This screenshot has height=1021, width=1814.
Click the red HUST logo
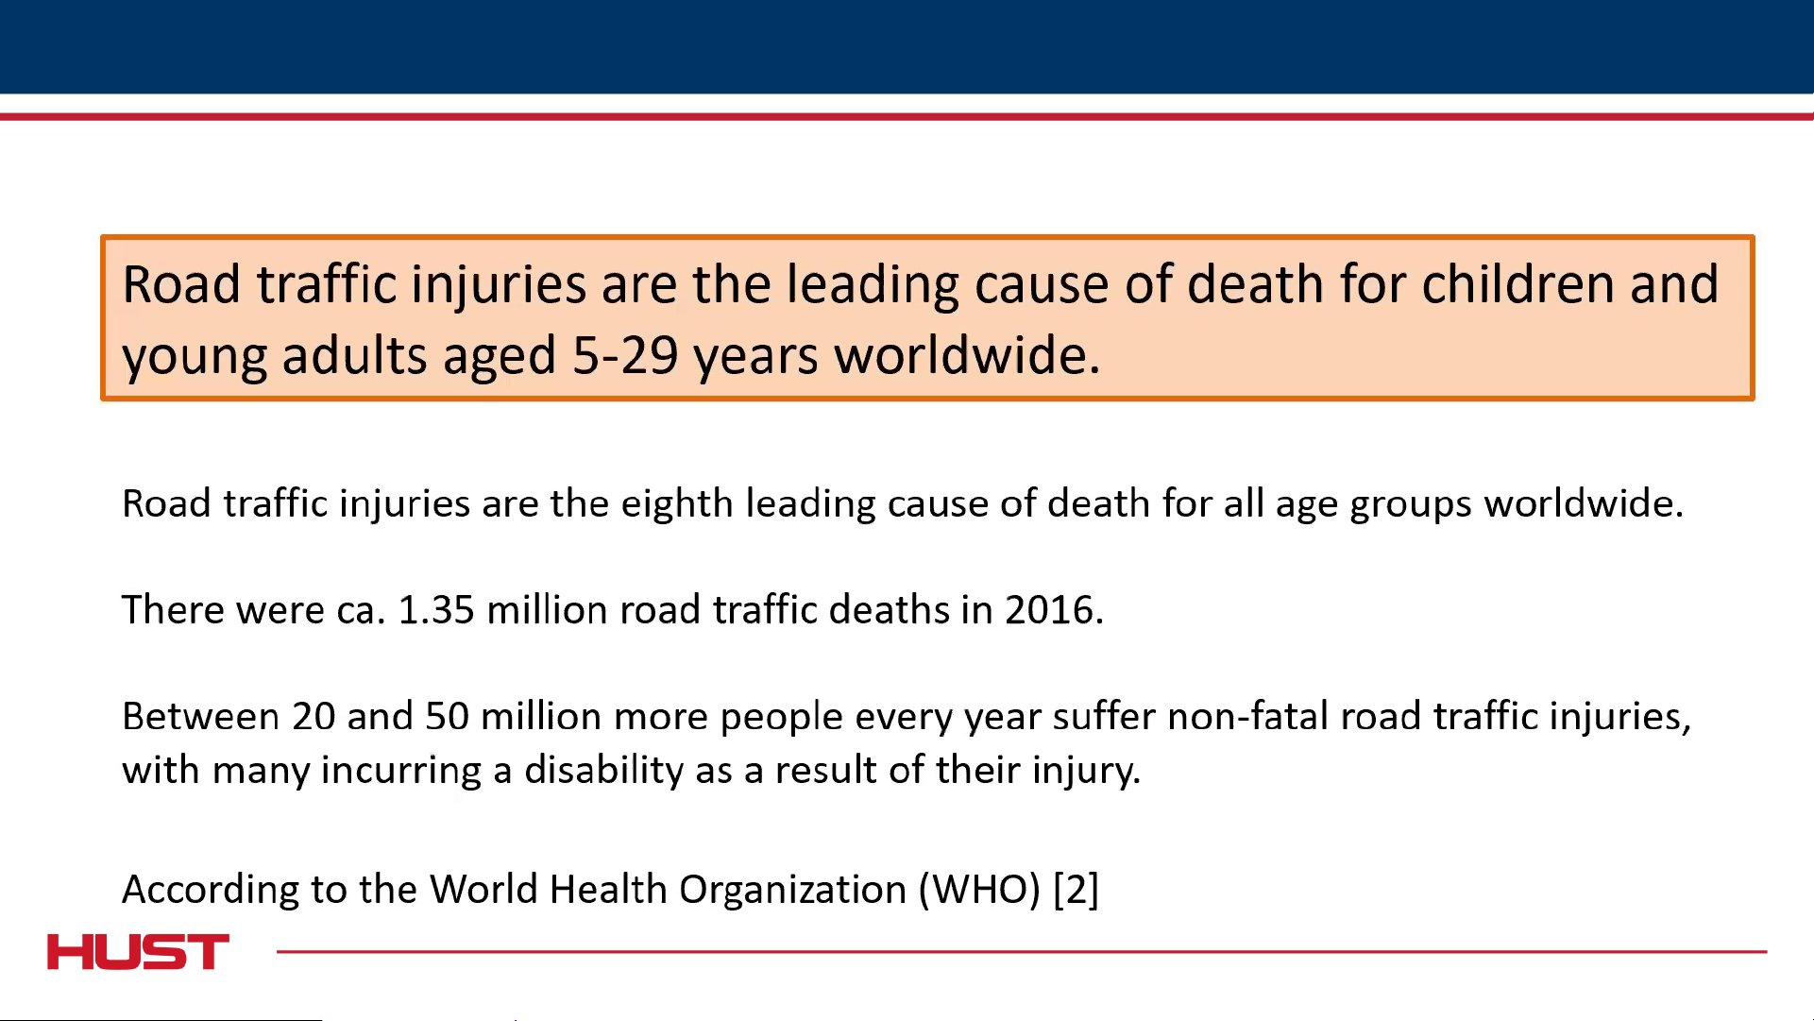pyautogui.click(x=138, y=952)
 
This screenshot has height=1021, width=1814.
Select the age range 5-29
pyautogui.click(x=625, y=356)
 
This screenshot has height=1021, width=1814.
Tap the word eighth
pyautogui.click(x=676, y=503)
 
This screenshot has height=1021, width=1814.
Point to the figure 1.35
pyautogui.click(x=436, y=610)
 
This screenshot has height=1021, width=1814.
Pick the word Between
pyautogui.click(x=201, y=717)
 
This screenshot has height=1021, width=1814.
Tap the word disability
pyautogui.click(x=604, y=771)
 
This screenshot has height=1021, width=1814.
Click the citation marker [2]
pyautogui.click(x=1076, y=890)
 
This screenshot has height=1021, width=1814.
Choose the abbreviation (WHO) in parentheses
pyautogui.click(x=979, y=890)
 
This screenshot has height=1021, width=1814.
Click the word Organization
pyautogui.click(x=792, y=890)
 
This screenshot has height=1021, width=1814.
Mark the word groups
pyautogui.click(x=1411, y=504)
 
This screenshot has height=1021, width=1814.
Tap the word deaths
pyautogui.click(x=889, y=610)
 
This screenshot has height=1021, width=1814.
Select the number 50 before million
pyautogui.click(x=447, y=717)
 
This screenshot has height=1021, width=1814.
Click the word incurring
pyautogui.click(x=401, y=771)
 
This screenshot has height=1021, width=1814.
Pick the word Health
pyautogui.click(x=608, y=890)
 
